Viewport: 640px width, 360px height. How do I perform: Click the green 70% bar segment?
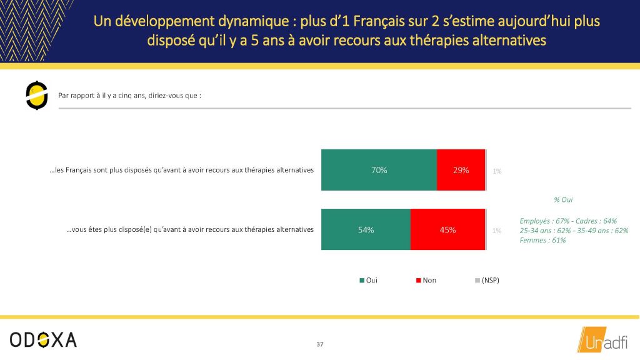[x=379, y=170]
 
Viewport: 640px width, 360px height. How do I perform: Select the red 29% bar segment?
[x=461, y=170]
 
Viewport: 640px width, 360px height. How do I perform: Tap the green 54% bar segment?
[x=366, y=229]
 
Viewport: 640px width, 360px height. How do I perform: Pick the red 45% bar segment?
[x=447, y=229]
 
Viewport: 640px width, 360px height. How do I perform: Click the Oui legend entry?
[x=368, y=281]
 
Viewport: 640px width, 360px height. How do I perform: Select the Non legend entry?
[x=426, y=281]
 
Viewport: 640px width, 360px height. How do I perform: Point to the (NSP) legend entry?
[x=487, y=281]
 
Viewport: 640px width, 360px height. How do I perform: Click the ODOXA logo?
[x=43, y=339]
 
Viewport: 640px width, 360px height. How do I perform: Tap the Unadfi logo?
[x=602, y=339]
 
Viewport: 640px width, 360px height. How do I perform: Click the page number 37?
[x=320, y=344]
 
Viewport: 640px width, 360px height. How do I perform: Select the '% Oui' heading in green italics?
[x=563, y=199]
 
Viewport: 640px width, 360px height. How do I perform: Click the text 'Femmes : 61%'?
[x=543, y=241]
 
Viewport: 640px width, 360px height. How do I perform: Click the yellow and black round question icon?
[x=37, y=96]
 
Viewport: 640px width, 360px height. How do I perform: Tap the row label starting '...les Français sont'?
[x=182, y=170]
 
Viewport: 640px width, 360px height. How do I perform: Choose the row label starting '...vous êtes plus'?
[x=190, y=230]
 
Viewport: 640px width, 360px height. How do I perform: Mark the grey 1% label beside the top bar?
[x=497, y=171]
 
